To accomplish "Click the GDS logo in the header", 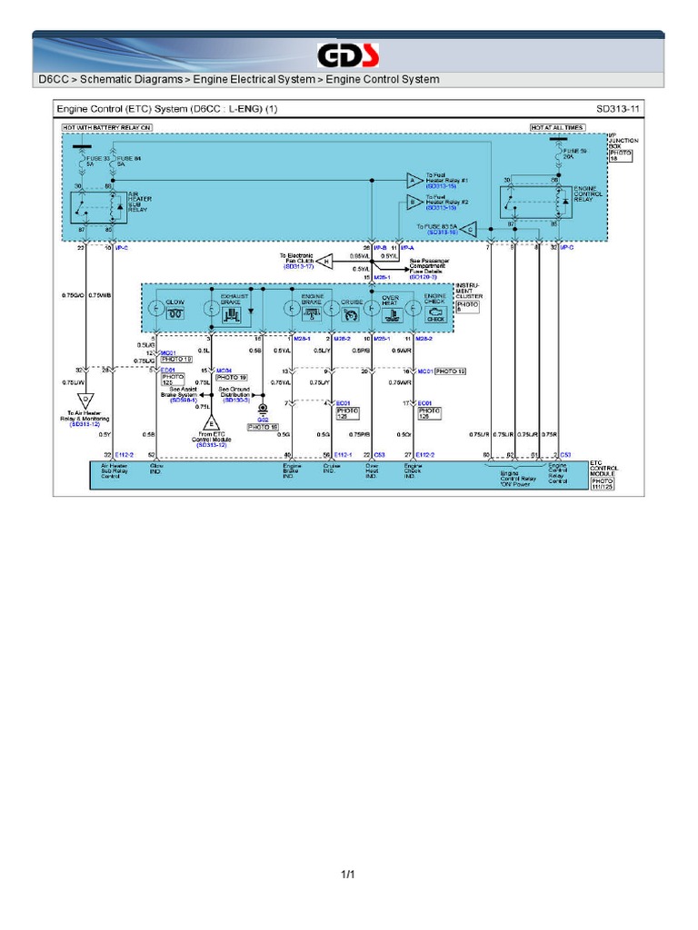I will click(x=348, y=54).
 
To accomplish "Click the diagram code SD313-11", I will click(x=618, y=108).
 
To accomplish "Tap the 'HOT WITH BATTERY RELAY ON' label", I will click(x=106, y=128).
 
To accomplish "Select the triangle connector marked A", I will click(x=414, y=180).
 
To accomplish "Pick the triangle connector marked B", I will click(x=414, y=204).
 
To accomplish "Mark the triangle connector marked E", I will click(x=212, y=423).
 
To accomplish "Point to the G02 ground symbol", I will click(x=263, y=410).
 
